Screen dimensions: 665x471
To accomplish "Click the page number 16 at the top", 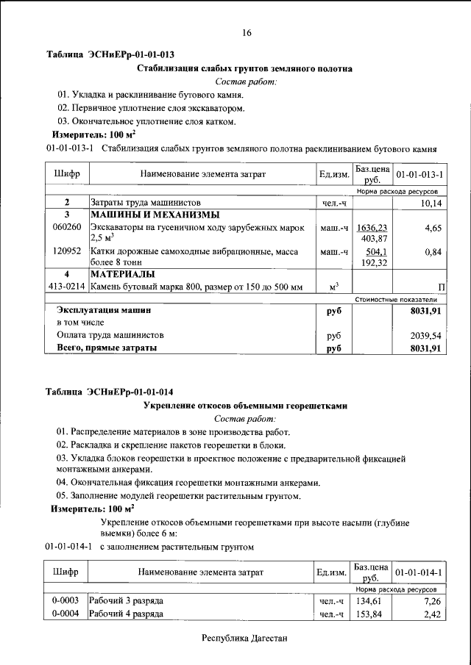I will (247, 32).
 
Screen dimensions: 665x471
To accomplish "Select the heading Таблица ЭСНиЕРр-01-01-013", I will (110, 54).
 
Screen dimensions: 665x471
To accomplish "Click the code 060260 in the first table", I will (66, 229).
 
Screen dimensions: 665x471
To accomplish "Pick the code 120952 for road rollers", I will (66, 251).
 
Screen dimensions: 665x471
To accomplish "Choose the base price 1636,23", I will (372, 228).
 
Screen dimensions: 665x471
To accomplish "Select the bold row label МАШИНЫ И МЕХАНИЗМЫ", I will (155, 215).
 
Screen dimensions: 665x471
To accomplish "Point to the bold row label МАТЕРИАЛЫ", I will (122, 274).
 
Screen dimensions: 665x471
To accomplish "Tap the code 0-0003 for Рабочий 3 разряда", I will (65, 601).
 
